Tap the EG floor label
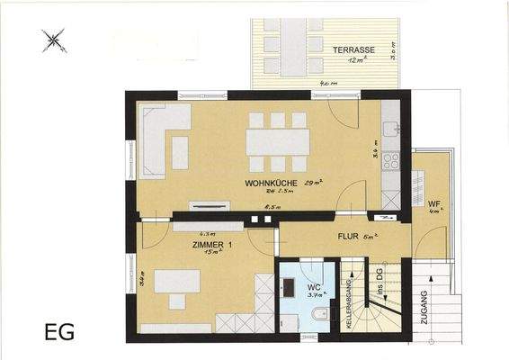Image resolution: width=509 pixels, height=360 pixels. click(x=59, y=331)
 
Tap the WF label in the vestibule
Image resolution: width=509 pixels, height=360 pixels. click(x=433, y=202)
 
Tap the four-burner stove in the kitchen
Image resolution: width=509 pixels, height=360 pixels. click(x=391, y=161)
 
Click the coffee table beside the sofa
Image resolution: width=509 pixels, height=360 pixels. click(x=180, y=152)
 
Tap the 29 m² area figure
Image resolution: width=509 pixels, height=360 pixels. click(x=314, y=184)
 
